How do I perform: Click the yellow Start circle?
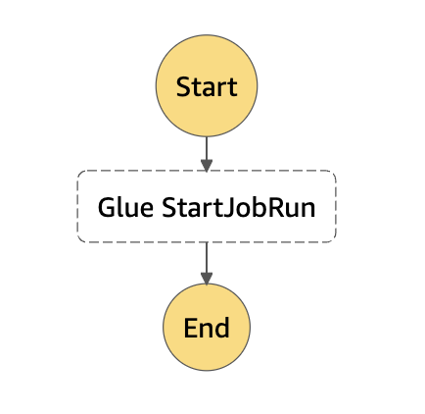(x=207, y=85)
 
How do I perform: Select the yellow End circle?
(x=207, y=327)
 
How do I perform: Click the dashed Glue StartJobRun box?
(x=207, y=206)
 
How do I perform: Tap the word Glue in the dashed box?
(x=125, y=207)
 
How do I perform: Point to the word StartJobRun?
(x=239, y=207)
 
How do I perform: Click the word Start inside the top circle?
(x=207, y=87)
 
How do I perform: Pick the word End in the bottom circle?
(x=207, y=328)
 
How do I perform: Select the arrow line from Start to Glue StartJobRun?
(x=207, y=154)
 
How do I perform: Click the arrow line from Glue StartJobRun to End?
(x=207, y=263)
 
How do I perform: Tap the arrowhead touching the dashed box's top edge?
(x=207, y=166)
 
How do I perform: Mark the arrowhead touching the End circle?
(x=207, y=279)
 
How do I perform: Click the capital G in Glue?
(x=107, y=207)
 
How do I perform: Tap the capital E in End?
(x=191, y=328)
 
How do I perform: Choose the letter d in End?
(x=222, y=328)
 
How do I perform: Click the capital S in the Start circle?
(x=184, y=87)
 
